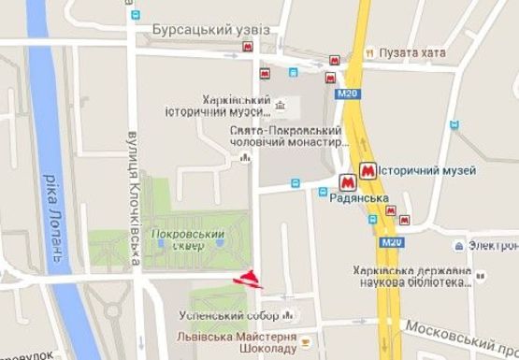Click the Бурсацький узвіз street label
click(210, 30)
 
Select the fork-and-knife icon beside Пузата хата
click(370, 52)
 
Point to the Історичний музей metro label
click(429, 171)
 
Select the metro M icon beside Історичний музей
click(368, 171)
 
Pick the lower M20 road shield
click(391, 242)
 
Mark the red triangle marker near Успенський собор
click(250, 277)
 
